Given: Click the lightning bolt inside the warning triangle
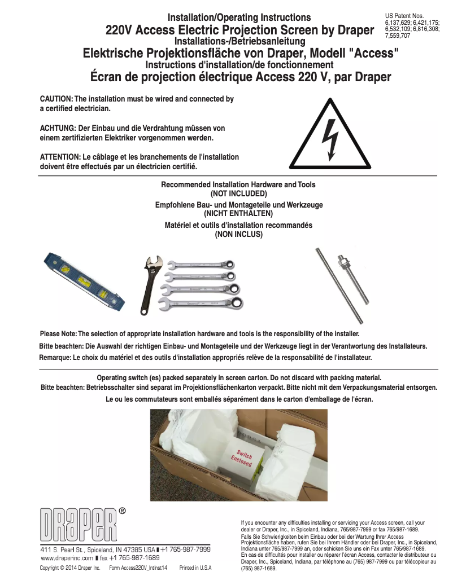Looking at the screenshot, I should [x=328, y=139].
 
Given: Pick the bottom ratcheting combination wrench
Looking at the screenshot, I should [x=203, y=304].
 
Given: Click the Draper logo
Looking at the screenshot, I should [x=79, y=525].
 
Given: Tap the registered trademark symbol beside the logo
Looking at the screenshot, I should [x=122, y=511].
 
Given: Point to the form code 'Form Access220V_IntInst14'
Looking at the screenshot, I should [x=138, y=568].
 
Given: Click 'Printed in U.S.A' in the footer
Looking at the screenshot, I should [x=195, y=568].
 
